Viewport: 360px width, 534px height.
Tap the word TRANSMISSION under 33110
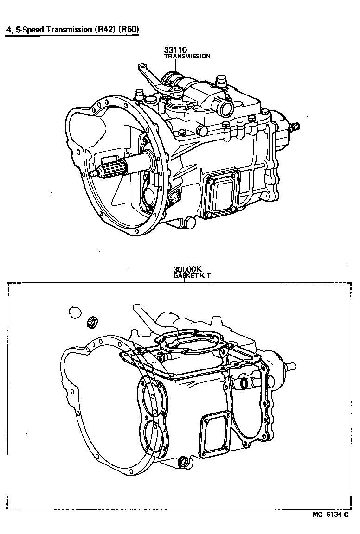(x=187, y=56)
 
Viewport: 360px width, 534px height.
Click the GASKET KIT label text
(x=192, y=275)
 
